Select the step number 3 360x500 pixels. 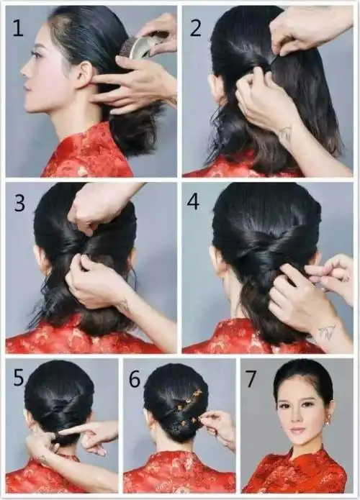19,202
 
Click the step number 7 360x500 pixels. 253,377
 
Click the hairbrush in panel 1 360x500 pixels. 140,47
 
